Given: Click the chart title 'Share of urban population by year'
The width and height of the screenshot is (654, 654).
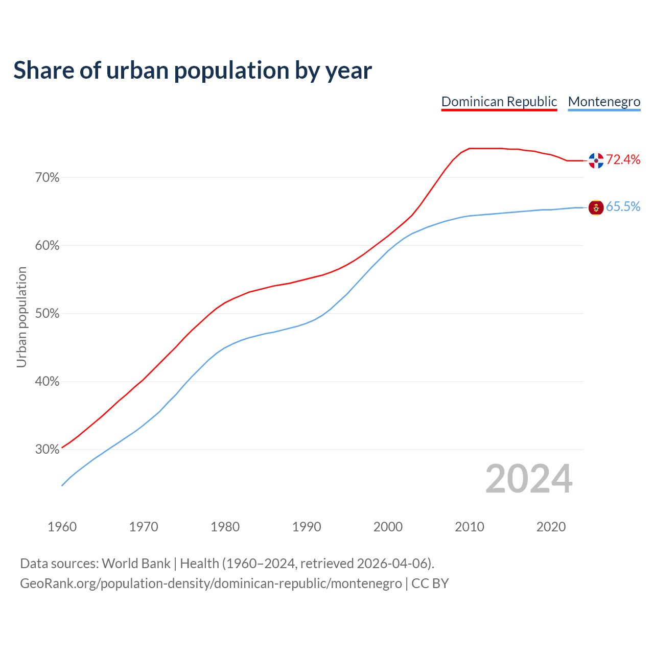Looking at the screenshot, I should [193, 71].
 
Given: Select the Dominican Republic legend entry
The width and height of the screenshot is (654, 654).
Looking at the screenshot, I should [499, 102].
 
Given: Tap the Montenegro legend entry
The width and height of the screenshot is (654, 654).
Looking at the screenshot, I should [604, 102].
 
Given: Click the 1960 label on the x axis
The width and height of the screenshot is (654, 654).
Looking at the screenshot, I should [62, 527].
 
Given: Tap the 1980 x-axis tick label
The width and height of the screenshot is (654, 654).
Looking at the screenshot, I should [225, 527].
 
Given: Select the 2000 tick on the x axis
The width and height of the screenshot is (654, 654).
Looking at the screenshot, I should [388, 527].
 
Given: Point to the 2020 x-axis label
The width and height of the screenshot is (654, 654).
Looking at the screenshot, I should [551, 527].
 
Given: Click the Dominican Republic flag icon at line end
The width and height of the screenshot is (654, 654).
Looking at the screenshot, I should [596, 160].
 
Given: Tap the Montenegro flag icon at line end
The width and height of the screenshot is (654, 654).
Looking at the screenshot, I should [596, 207].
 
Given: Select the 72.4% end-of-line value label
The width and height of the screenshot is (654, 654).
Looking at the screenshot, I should [623, 160].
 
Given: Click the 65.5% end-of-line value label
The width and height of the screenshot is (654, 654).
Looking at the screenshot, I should [623, 206].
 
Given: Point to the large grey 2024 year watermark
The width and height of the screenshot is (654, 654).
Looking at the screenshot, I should [529, 479].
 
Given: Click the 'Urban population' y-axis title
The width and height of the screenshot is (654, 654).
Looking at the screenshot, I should [21, 317].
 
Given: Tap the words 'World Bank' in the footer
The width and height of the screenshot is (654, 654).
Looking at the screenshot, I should [136, 564].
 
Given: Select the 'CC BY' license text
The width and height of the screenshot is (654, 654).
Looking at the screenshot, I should [430, 583].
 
